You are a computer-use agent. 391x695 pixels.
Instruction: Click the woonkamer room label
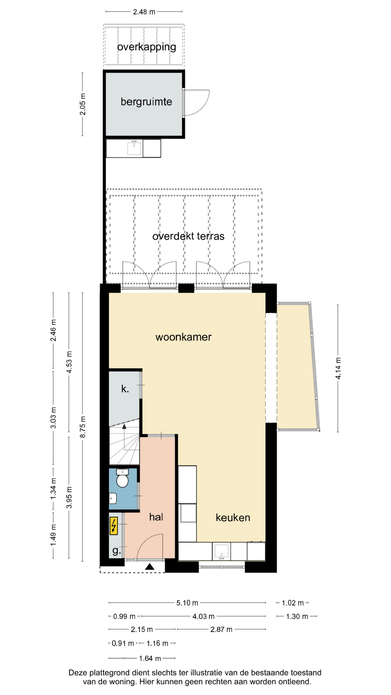coord(183,337)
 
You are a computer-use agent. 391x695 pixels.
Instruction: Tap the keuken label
coord(233,517)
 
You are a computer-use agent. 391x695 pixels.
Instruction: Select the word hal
coord(156,517)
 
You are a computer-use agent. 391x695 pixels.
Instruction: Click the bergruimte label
coord(146,102)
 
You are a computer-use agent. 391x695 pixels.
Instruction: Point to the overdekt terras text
coord(188,236)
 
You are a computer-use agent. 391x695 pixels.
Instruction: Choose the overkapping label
coord(147,47)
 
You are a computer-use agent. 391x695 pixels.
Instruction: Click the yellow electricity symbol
coord(114,526)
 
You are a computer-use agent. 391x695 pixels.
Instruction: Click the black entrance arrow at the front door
coord(150,567)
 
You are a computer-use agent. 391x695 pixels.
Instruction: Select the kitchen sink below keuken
coord(221,551)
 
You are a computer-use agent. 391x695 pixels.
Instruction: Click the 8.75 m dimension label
coord(83,427)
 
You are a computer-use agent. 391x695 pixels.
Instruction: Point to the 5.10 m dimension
coord(187,603)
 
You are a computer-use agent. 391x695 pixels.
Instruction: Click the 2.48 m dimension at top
coord(144,12)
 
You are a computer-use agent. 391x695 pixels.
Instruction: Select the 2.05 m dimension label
coord(83,104)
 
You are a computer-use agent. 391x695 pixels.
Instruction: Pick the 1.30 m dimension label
coord(297,616)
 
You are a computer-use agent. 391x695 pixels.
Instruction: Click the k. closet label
coord(125,389)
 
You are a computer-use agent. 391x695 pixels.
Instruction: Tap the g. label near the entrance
coord(116,551)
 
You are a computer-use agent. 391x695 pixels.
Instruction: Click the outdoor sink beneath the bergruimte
coord(134,148)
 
